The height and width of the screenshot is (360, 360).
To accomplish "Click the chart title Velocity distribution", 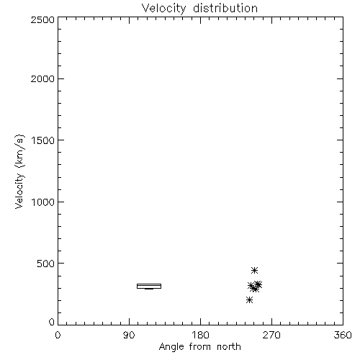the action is pos(199,9).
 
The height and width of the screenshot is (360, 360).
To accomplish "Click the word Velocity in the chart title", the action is pos(164,9).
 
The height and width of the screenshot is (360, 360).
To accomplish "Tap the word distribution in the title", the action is pos(225,8).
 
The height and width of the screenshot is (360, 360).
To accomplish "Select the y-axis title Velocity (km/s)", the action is pos(19,171).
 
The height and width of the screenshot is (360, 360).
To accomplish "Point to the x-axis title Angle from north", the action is pos(199,347).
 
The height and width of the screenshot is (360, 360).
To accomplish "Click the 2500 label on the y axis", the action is pos(42,19).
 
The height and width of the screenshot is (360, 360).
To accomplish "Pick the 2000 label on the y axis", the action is pos(42,78).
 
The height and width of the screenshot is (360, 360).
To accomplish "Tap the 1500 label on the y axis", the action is pos(43,140).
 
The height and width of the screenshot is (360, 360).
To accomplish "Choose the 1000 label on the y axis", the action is pos(43,202).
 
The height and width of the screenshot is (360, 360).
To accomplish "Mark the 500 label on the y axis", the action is pos(46,264).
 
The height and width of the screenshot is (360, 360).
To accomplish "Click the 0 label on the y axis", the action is pos(52,322).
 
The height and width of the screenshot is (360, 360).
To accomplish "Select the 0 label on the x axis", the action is pos(58,335).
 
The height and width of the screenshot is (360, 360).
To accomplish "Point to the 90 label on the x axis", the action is pos(129,335).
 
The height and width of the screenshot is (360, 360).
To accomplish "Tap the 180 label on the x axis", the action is pos(199,335).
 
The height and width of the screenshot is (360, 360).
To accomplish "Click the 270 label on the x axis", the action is pos(271,335).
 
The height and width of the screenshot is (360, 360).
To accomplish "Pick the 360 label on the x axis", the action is pos(343,335).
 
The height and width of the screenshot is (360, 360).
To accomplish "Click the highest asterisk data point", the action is pos(254,271).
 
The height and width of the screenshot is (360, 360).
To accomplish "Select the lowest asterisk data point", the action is pos(249,300).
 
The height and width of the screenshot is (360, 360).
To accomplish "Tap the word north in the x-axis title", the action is pos(229,347).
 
